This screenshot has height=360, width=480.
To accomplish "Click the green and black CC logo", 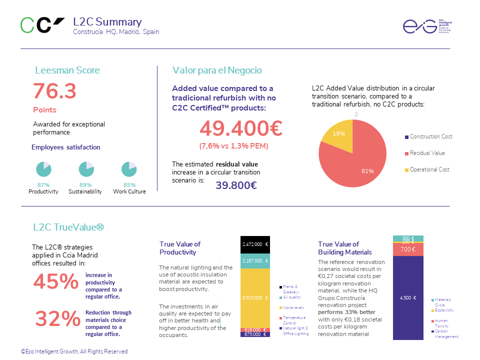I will click(x=42, y=25).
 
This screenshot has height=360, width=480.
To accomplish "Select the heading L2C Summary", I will click(x=107, y=22).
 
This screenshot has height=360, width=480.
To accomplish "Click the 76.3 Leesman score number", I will click(x=54, y=91).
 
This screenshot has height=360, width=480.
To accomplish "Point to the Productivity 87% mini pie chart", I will click(x=43, y=169).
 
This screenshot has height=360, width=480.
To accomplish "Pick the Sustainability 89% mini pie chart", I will click(x=86, y=169).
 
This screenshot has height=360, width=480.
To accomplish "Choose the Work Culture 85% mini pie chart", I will click(x=129, y=169).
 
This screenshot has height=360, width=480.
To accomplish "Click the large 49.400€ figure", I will click(x=241, y=128).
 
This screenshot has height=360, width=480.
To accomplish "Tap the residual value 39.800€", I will click(x=236, y=185).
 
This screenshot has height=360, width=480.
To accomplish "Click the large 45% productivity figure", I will click(x=56, y=282).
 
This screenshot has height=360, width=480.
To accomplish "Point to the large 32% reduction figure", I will click(x=58, y=318).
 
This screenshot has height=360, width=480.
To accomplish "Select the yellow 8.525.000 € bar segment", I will click(x=255, y=297).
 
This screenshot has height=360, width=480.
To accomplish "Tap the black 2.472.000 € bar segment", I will click(x=255, y=244).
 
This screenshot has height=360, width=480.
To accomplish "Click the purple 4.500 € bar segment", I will click(x=408, y=297).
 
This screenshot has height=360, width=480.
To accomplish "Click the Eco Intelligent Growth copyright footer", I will click(x=74, y=351).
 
